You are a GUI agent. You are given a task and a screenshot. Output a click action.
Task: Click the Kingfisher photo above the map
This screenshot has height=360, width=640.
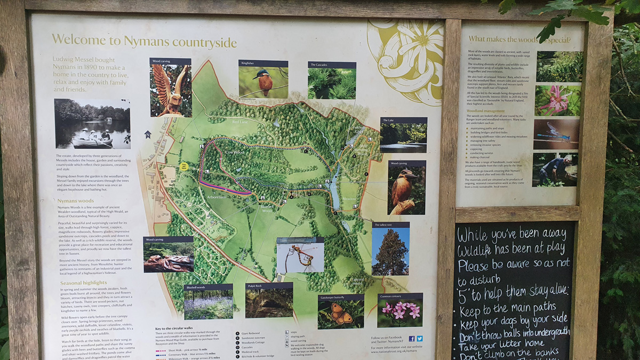(263, 82)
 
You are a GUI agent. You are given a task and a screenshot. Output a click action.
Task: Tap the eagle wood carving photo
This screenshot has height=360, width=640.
(170, 90)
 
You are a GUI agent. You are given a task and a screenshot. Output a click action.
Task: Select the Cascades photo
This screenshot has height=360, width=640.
(332, 83)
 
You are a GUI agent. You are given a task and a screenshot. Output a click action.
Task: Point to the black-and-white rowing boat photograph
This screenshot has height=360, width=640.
(92, 124)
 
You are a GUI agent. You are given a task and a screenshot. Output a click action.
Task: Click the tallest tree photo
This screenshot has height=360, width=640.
(390, 251)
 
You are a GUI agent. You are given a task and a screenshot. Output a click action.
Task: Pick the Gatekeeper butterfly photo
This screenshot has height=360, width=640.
(341, 314)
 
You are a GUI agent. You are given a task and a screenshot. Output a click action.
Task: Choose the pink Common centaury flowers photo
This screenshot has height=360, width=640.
(399, 313)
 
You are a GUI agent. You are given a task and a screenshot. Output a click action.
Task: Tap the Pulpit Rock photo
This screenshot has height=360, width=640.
(269, 303)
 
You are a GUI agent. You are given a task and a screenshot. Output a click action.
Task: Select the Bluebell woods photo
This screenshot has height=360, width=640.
(208, 304)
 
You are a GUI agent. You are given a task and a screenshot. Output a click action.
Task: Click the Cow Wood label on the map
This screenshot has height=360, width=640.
(234, 152)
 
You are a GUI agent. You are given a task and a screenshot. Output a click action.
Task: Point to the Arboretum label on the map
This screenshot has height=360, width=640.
(217, 197)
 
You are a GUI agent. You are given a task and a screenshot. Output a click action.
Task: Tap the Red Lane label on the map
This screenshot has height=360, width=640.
(239, 122)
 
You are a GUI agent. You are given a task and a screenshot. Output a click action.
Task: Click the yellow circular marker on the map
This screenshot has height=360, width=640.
(184, 167)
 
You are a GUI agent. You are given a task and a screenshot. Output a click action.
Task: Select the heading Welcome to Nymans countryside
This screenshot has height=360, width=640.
(144, 41)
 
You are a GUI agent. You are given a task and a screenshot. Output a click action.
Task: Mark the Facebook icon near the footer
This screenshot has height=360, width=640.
(412, 338)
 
